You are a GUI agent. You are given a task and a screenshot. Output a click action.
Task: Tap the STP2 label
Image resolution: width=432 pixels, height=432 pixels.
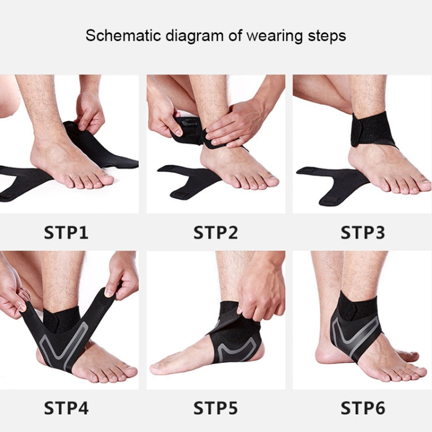pos(215,233)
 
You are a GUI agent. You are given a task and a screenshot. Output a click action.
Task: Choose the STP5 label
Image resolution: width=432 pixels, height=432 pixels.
pos(215,408)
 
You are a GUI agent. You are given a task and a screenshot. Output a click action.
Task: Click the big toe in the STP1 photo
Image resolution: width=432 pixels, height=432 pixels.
pos(103,180)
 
